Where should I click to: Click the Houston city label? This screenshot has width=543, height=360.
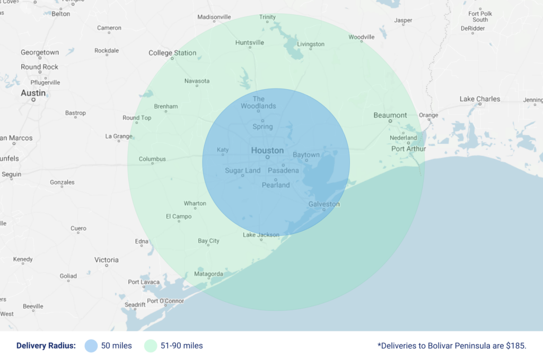point(267,151)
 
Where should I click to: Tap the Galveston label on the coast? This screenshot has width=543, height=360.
point(324,204)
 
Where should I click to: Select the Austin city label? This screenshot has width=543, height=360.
point(33,93)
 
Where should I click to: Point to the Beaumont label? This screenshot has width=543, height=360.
point(390,115)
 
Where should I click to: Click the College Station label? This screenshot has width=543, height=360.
point(172,53)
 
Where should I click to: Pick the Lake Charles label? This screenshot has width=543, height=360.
point(479,99)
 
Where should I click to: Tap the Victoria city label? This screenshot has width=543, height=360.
point(107,260)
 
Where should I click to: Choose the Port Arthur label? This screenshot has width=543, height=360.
point(409,149)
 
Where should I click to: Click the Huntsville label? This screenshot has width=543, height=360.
point(249,42)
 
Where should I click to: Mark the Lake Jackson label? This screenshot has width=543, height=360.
point(261,235)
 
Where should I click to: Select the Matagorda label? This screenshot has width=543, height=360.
point(208,274)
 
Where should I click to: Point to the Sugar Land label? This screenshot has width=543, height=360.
point(243,170)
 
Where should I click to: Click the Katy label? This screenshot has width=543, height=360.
point(223,150)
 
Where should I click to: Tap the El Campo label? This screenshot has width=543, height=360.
point(179,216)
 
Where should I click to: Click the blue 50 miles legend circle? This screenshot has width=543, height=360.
point(91,346)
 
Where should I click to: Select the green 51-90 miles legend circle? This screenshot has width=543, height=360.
point(151,346)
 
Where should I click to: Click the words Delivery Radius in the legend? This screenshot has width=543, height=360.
point(46,346)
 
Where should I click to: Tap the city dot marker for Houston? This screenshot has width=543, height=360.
point(267,157)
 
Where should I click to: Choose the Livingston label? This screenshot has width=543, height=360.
point(311,44)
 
